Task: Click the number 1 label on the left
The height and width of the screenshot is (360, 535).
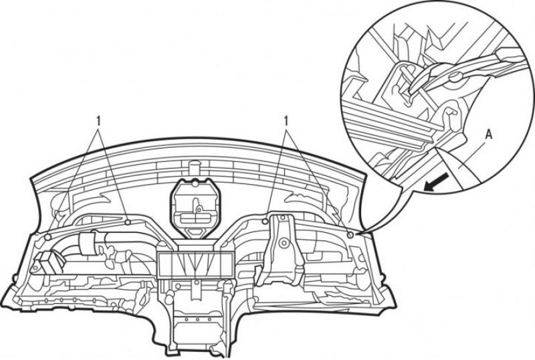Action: (98, 120)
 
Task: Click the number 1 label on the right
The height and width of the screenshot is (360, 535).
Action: (286, 120)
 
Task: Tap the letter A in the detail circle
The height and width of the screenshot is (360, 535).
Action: (489, 135)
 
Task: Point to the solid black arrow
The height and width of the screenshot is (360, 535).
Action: (436, 181)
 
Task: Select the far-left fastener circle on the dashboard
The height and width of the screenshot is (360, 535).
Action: (48, 237)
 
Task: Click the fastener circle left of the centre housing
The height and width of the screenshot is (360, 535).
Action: (128, 222)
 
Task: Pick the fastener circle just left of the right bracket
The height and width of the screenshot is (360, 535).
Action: (265, 221)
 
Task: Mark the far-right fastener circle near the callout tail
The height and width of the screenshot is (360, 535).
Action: (350, 235)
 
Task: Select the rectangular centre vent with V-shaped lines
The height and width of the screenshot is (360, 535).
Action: (195, 264)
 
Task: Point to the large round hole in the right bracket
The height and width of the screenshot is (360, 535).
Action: (282, 244)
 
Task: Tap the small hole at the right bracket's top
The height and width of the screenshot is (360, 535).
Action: (282, 217)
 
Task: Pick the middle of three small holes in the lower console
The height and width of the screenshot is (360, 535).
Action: (197, 320)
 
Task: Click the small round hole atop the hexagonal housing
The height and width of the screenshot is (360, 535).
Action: (195, 184)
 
